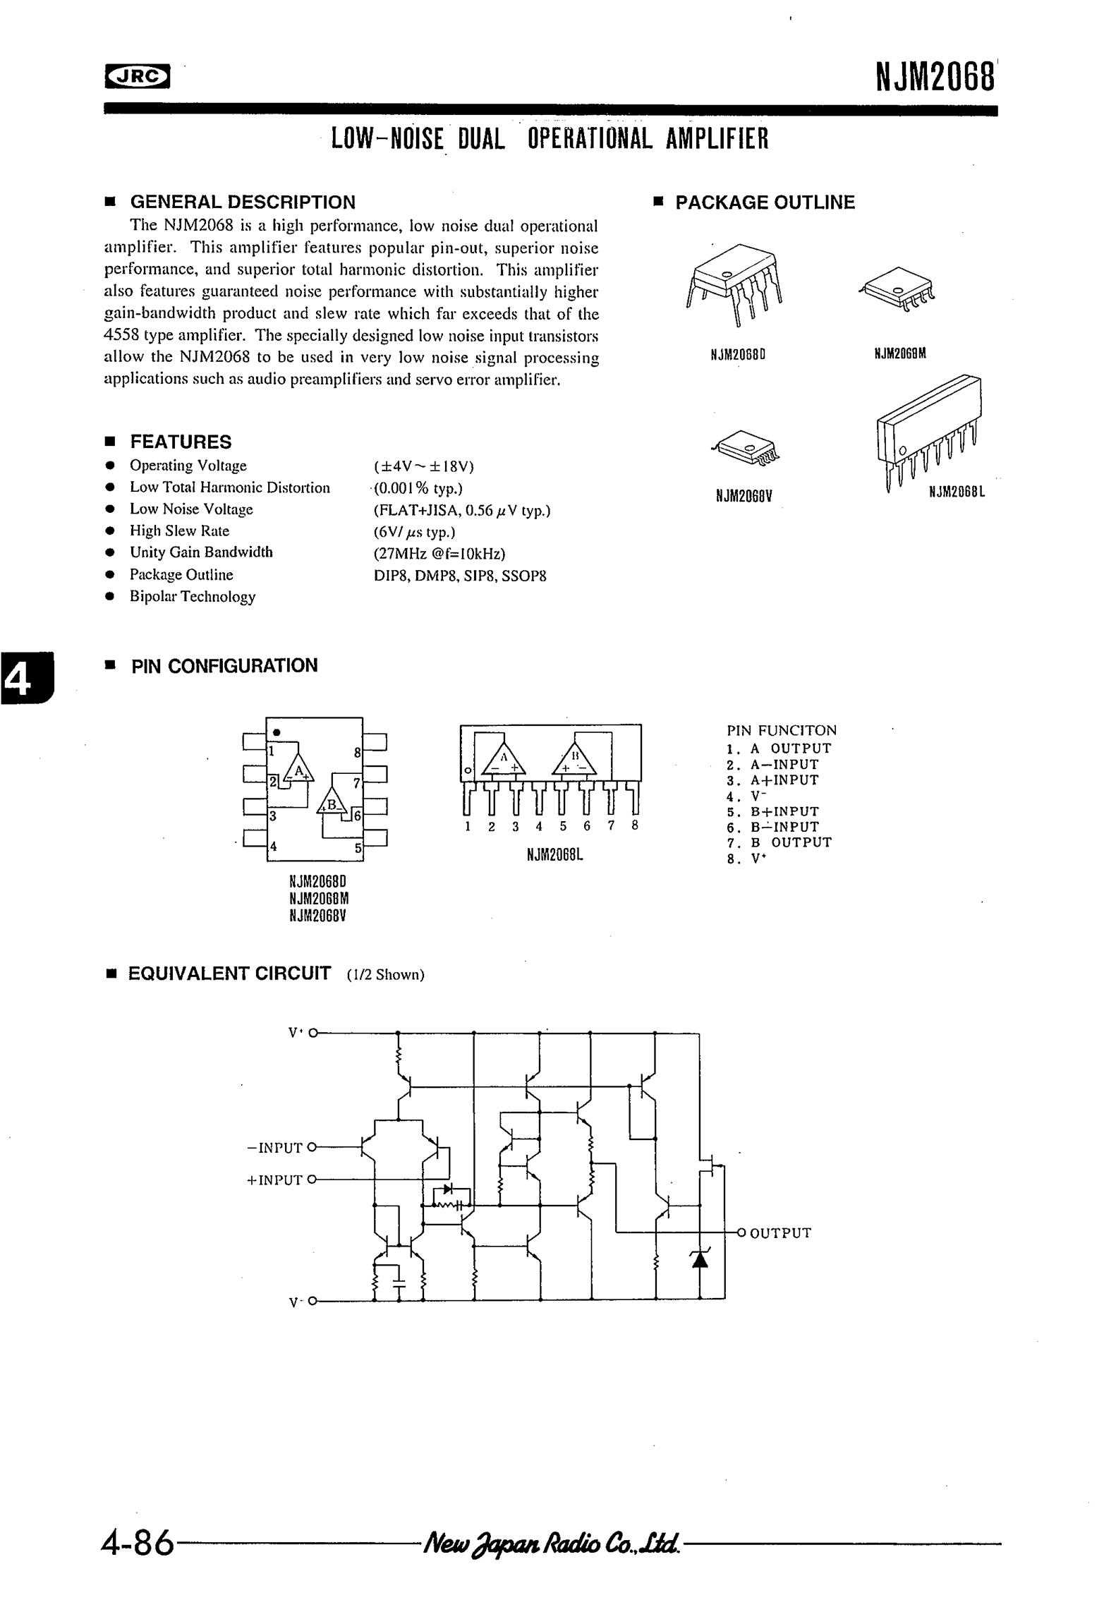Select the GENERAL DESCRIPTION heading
point(243,202)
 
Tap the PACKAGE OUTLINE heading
point(765,202)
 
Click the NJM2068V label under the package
point(744,496)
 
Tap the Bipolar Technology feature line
point(192,597)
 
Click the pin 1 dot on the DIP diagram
point(277,731)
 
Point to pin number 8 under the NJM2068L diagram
point(635,825)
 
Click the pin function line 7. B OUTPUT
point(780,842)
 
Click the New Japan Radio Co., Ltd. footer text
point(551,1544)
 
